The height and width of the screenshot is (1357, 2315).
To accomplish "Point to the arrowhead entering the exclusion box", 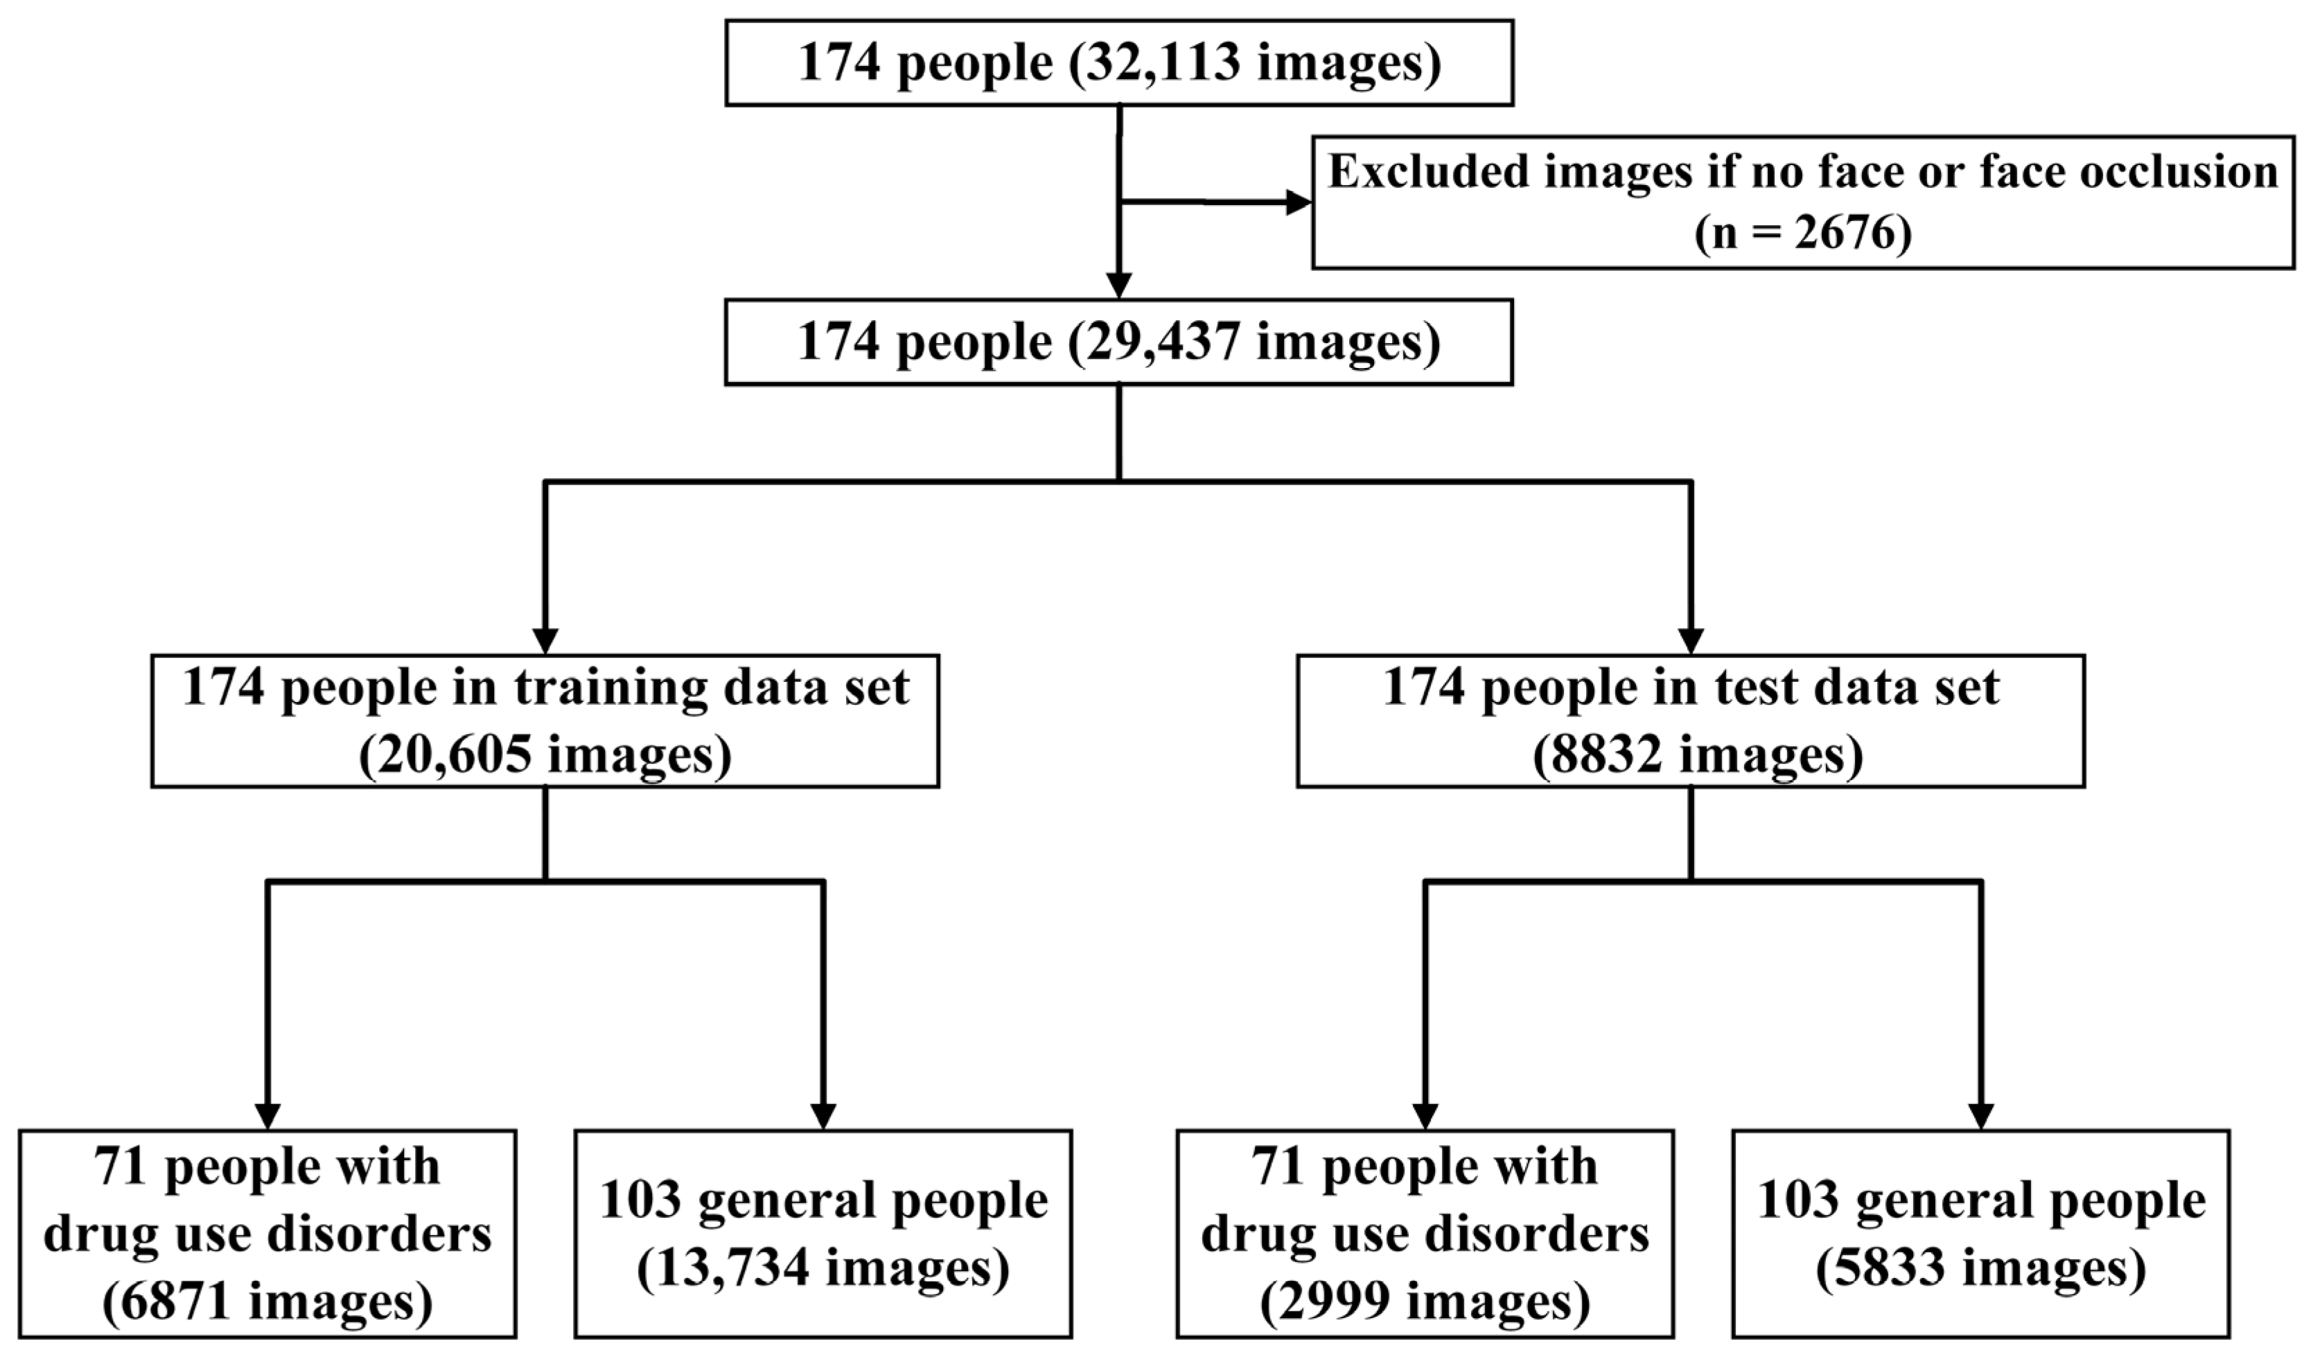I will (x=1298, y=203).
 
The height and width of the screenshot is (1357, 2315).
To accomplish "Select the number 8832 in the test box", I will (x=1599, y=755).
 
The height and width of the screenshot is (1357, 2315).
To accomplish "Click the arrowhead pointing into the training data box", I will (x=546, y=640).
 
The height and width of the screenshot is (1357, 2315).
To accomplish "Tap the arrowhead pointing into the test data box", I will (x=1691, y=640).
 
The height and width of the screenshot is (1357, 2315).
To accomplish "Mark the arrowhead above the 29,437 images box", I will (x=1119, y=286).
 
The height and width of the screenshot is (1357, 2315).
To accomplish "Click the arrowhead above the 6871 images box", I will (x=267, y=1115).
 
